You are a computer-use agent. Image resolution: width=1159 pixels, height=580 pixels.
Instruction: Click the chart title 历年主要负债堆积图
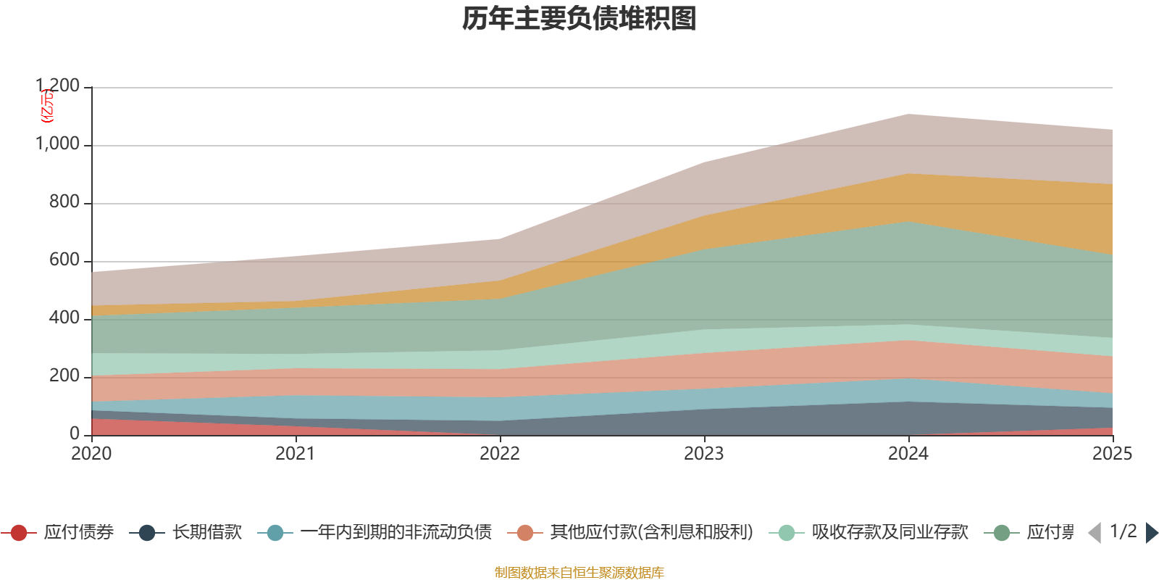coord(579,19)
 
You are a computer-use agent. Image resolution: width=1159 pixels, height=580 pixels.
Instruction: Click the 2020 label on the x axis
coord(91,454)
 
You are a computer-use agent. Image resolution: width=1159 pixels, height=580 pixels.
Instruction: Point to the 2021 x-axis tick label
coord(296,454)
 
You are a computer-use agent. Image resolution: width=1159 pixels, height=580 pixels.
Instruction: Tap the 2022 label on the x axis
coord(500,454)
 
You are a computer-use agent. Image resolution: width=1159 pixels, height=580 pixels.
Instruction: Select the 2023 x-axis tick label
coord(704,454)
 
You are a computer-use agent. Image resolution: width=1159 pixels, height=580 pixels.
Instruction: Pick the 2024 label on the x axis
coord(908,454)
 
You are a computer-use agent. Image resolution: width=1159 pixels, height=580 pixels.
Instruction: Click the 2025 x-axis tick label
coord(1112,454)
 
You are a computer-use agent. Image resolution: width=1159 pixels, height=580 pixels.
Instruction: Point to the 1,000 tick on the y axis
coord(58,144)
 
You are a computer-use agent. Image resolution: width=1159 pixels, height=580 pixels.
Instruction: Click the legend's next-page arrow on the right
coord(1151,533)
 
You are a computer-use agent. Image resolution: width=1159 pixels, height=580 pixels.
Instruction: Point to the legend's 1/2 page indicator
coord(1123,531)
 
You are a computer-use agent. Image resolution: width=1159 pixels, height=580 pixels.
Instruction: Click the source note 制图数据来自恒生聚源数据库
coord(579,573)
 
